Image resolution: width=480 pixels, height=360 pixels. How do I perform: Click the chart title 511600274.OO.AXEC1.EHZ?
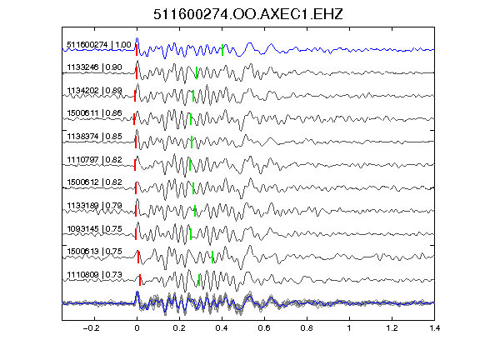click(248, 14)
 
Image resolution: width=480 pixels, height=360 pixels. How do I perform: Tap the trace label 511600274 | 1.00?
click(99, 45)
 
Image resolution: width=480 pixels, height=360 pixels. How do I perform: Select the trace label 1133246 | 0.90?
click(95, 67)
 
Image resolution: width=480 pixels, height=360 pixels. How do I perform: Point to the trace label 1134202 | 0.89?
click(95, 91)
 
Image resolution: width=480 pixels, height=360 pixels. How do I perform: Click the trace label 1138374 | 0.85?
click(95, 136)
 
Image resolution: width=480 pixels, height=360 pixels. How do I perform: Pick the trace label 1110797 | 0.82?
click(95, 160)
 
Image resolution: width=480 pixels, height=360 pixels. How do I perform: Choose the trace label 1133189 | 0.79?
click(95, 205)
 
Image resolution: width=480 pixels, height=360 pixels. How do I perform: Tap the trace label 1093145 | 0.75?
click(95, 229)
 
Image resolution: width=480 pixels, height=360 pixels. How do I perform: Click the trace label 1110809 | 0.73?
click(95, 275)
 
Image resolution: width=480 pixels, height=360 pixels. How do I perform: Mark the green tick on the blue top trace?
click(222, 50)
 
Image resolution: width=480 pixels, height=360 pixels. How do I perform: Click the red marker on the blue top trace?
click(137, 50)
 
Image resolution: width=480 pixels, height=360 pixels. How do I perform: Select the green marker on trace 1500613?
click(212, 257)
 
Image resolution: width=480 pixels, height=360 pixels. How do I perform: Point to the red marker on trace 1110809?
click(140, 280)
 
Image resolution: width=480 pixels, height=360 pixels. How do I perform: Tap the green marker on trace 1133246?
click(197, 72)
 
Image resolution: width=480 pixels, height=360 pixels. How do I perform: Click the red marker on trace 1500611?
click(134, 119)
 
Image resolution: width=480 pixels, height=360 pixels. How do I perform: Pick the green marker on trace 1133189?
click(195, 211)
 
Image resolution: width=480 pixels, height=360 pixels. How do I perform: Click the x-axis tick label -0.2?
click(92, 328)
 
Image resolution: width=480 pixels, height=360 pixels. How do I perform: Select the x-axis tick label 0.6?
click(264, 328)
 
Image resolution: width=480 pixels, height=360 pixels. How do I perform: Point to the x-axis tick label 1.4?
click(435, 328)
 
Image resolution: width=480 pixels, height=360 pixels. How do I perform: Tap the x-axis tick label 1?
click(349, 328)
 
